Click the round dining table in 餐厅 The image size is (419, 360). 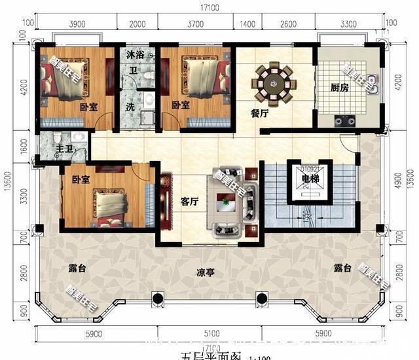[275, 83]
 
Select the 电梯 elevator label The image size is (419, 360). [310, 178]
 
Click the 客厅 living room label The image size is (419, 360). [190, 201]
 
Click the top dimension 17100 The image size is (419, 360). [209, 10]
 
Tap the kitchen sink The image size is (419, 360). [371, 82]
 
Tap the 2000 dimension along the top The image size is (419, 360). [137, 24]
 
